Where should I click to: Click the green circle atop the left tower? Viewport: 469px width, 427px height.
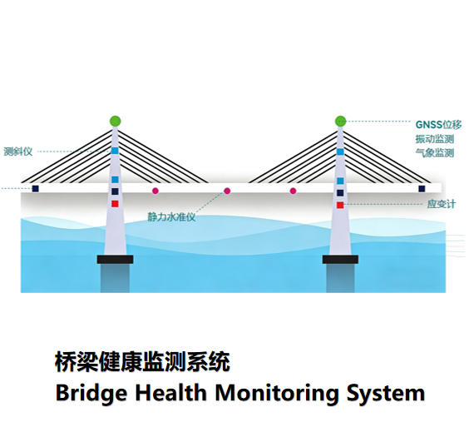(115, 122)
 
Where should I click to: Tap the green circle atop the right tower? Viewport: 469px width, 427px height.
(340, 122)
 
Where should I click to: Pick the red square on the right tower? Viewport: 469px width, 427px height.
(340, 205)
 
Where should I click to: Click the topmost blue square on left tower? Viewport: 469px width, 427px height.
(115, 151)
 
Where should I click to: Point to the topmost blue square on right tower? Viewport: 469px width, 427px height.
(340, 151)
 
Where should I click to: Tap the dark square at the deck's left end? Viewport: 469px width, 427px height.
(36, 189)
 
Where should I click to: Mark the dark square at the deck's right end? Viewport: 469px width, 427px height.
(422, 189)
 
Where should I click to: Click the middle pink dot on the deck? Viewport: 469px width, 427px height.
(227, 191)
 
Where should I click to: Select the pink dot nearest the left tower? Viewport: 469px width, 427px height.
(155, 191)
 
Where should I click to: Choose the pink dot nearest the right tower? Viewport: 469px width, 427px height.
(293, 191)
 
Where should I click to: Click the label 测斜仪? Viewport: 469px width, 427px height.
(17, 151)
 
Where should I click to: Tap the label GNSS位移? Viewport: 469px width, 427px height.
(438, 124)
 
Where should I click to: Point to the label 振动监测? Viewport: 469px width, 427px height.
(434, 139)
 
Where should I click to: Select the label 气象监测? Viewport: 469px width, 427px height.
(434, 153)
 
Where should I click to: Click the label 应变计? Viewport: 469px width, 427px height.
(440, 204)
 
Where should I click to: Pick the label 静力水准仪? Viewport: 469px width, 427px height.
(171, 217)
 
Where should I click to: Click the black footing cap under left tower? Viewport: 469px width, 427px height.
(115, 260)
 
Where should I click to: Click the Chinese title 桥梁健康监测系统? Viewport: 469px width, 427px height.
(142, 362)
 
